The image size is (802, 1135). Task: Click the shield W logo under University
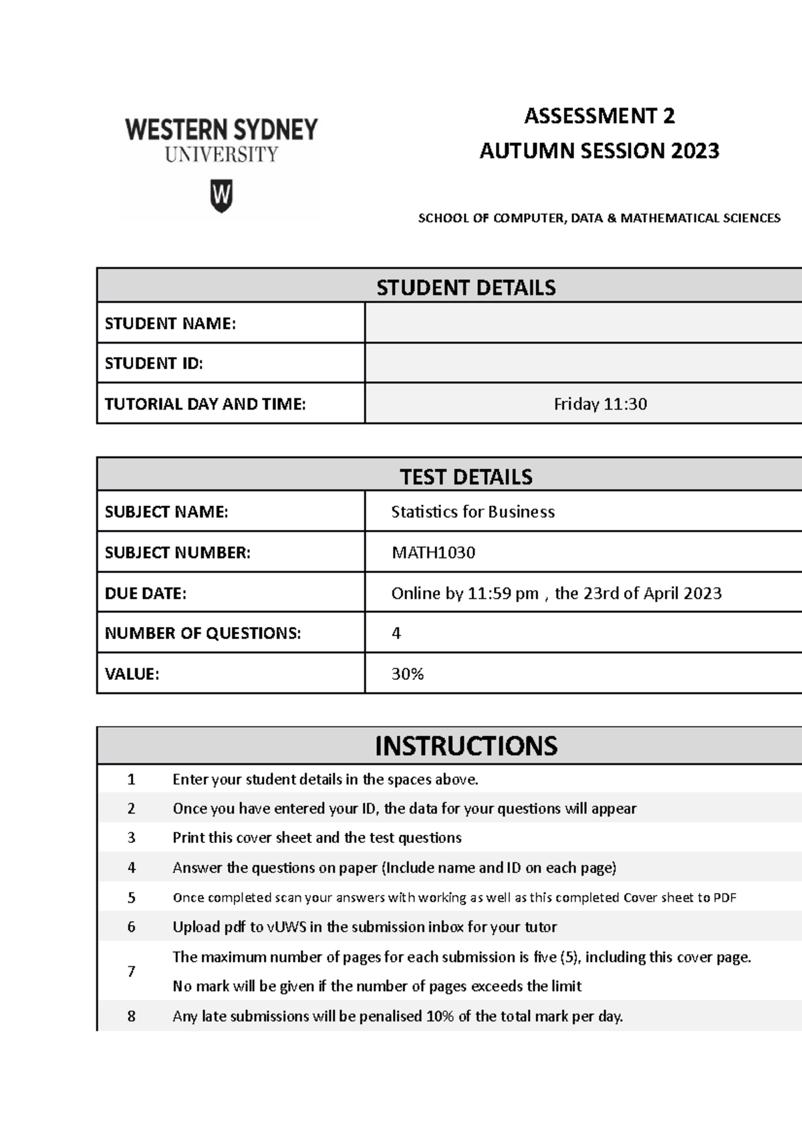221,195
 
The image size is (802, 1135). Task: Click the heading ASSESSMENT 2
599,116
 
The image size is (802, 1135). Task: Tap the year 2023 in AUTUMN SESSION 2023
695,151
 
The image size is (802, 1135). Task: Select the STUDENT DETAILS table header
466,287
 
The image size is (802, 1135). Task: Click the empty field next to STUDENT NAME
581,324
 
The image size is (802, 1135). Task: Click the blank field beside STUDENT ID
581,363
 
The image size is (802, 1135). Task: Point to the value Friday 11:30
600,404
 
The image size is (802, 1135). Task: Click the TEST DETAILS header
466,477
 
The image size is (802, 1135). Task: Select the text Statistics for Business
473,512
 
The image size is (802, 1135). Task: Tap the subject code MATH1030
433,553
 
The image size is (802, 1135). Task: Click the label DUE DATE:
146,594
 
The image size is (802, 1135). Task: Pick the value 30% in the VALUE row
407,674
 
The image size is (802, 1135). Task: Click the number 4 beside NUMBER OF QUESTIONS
396,633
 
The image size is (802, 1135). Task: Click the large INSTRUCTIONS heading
466,746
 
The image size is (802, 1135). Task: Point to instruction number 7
132,971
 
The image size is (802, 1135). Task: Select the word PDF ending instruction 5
724,898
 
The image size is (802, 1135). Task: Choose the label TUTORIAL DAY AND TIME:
205,404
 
